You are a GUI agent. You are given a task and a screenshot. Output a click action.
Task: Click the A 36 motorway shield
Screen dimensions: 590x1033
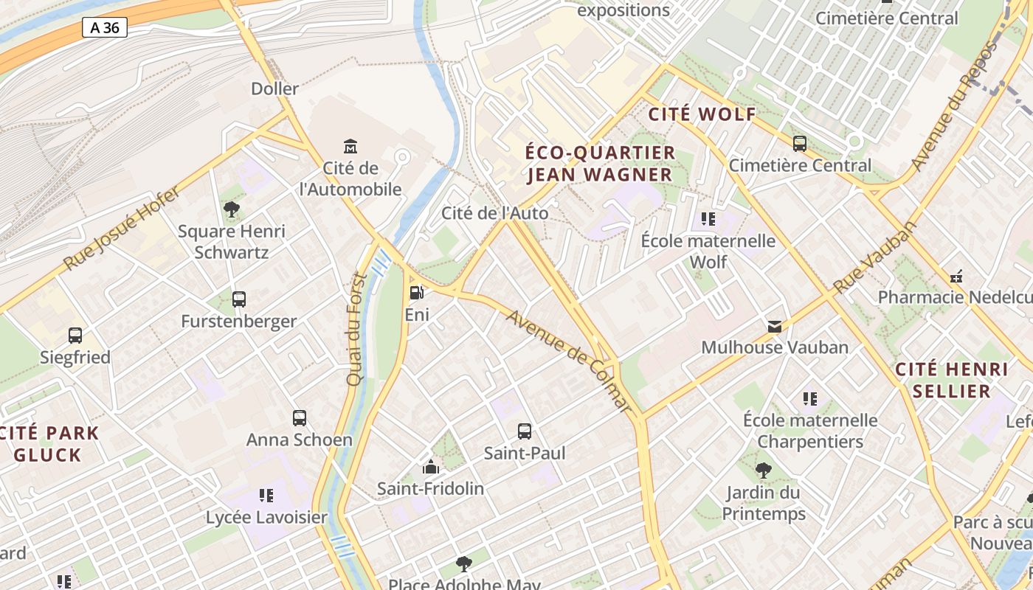tap(104, 28)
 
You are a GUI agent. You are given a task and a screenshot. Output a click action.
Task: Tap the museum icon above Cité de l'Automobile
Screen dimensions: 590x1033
tap(350, 146)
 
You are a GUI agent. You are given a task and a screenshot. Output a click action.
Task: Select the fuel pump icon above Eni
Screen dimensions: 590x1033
tap(417, 293)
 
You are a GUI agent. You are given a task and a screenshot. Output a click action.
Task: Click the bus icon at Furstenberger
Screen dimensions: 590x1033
tap(239, 299)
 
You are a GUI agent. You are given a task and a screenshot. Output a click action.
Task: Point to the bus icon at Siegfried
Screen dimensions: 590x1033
tap(75, 336)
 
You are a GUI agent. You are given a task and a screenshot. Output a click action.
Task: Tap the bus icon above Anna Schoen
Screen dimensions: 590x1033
tap(300, 418)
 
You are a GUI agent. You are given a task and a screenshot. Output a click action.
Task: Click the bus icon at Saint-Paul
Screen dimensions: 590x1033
tap(525, 431)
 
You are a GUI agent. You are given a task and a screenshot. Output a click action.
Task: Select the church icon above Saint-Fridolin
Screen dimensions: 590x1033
tap(431, 466)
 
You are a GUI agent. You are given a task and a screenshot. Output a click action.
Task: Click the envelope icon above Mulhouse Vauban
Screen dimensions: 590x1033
tap(775, 326)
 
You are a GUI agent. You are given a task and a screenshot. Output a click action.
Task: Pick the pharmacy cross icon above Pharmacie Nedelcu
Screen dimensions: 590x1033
tap(957, 277)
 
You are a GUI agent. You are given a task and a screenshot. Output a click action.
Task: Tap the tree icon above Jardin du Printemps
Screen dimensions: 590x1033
tap(764, 470)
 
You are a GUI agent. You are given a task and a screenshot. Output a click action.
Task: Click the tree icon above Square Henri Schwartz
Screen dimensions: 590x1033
tap(232, 209)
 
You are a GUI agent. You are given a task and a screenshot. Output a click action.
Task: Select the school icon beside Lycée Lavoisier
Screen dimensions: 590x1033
tap(266, 495)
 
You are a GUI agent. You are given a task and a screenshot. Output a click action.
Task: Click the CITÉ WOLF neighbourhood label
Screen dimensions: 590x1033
tap(702, 114)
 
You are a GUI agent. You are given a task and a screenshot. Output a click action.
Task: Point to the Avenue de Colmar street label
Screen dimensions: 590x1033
tap(570, 361)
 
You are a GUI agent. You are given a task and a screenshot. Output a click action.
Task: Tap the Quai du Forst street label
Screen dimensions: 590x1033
tap(357, 329)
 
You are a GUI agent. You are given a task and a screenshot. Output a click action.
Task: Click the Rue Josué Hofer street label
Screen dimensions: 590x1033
tap(121, 229)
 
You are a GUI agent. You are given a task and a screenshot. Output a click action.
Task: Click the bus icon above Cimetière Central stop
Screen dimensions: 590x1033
tap(800, 144)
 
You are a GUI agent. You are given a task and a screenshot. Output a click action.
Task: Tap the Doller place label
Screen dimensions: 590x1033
tap(274, 88)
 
